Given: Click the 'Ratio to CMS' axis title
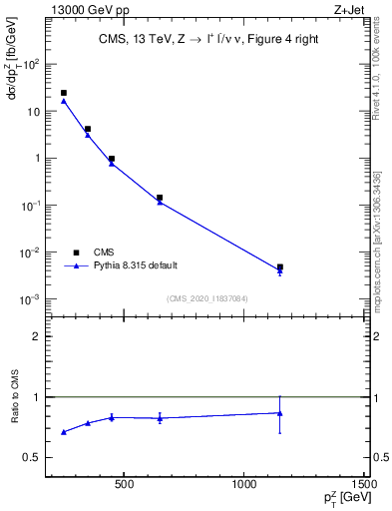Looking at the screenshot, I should pos(15,397).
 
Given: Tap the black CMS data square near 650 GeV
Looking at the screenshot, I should pos(160,198).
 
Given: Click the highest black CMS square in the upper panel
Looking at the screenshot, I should pos(64,93).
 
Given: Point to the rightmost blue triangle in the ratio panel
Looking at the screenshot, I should pos(280,413).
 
